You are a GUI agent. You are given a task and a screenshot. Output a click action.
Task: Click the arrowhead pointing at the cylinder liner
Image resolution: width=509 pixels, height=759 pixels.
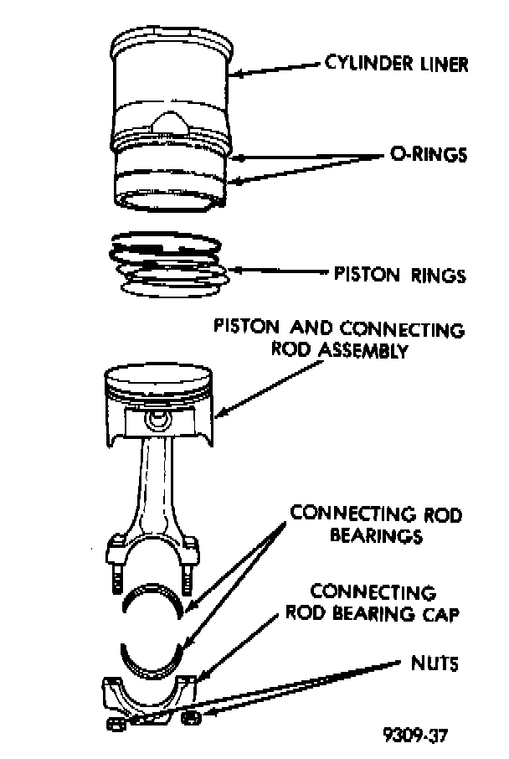coord(237,74)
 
